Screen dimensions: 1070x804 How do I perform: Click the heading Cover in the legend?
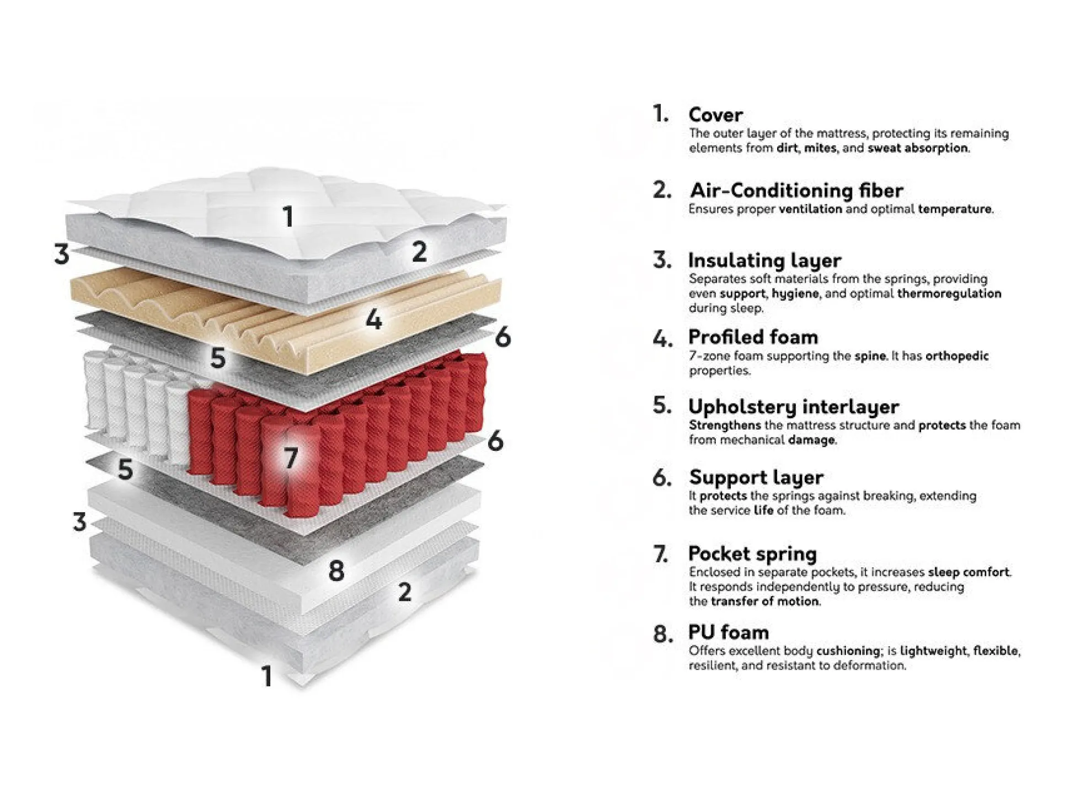[715, 114]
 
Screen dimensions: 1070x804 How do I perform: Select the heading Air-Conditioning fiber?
[796, 190]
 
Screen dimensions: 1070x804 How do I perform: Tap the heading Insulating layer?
[764, 260]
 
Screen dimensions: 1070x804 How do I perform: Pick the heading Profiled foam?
[753, 337]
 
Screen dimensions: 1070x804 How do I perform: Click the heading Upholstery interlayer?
[794, 407]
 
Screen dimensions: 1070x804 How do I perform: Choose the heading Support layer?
[756, 477]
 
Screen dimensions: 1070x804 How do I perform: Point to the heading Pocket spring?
[753, 553]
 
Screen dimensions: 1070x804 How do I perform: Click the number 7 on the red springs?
[291, 457]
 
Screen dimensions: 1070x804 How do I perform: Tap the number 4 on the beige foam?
[374, 320]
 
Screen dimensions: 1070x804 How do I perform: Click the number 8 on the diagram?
[336, 571]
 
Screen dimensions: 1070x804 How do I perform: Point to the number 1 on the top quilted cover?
[288, 216]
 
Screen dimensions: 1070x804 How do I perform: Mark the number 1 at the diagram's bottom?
[267, 676]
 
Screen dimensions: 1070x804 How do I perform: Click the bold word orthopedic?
[957, 356]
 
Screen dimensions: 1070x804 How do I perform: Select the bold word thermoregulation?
[949, 294]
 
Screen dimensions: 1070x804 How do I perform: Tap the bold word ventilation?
[810, 209]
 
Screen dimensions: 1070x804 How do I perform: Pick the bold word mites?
[820, 148]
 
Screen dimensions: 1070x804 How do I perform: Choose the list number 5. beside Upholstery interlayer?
[662, 406]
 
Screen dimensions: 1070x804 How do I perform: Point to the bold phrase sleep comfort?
[969, 572]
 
